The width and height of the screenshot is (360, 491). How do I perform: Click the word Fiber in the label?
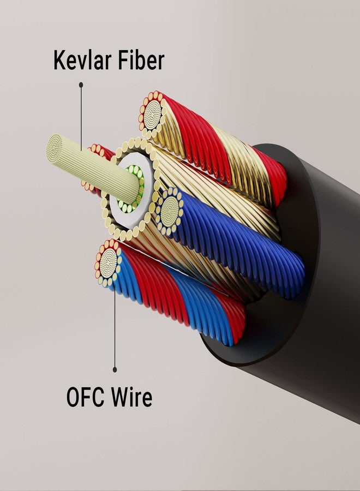[139, 60]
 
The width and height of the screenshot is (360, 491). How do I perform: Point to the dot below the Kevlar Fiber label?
[81, 85]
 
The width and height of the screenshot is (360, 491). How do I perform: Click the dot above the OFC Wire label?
[115, 369]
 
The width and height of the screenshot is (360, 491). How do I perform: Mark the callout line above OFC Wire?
[115, 327]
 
